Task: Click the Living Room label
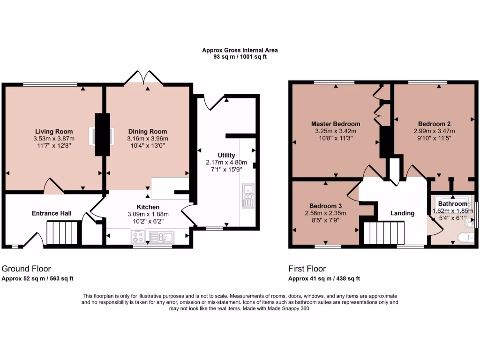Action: [x=53, y=131]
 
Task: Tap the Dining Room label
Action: [x=147, y=131]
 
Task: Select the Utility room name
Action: [x=226, y=155]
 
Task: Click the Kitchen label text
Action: [x=148, y=207]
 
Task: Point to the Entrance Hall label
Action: [x=52, y=213]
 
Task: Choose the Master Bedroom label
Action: [x=336, y=124]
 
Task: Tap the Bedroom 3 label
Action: [x=325, y=206]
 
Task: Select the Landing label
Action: [x=402, y=213]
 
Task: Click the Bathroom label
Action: [x=453, y=204]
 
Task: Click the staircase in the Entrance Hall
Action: [x=61, y=233]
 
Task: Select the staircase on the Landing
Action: [x=383, y=233]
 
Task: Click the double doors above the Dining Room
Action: [x=144, y=78]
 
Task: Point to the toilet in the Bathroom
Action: [x=465, y=237]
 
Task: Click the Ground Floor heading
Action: [x=26, y=269]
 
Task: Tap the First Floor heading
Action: [x=307, y=269]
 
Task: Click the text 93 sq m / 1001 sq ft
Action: [x=240, y=57]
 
